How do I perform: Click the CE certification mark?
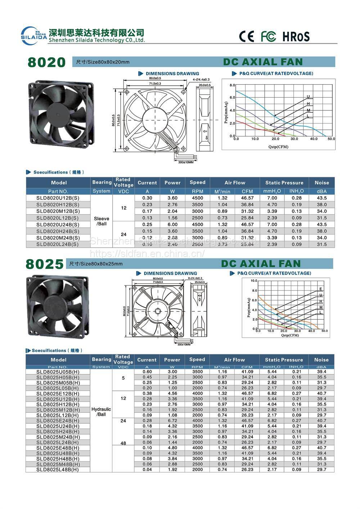click(246, 36)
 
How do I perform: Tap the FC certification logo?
click(268, 36)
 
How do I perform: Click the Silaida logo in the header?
click(33, 35)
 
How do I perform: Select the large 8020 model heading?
click(47, 62)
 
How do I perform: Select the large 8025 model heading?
click(45, 264)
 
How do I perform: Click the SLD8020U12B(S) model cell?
click(58, 198)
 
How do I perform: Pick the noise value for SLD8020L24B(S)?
click(321, 244)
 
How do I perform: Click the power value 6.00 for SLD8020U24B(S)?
click(172, 225)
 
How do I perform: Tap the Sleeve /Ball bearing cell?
click(102, 221)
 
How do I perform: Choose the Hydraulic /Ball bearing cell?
click(101, 412)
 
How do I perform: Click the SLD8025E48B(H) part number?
click(58, 448)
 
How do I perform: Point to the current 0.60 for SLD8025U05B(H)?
click(147, 371)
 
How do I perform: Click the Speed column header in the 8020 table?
click(197, 183)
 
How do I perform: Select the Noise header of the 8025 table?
click(321, 360)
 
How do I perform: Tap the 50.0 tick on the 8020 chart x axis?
click(331, 139)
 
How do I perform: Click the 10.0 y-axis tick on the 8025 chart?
click(254, 280)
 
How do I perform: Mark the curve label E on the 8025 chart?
click(320, 289)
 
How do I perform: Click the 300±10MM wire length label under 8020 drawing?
click(186, 162)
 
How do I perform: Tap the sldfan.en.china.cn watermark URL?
click(147, 253)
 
